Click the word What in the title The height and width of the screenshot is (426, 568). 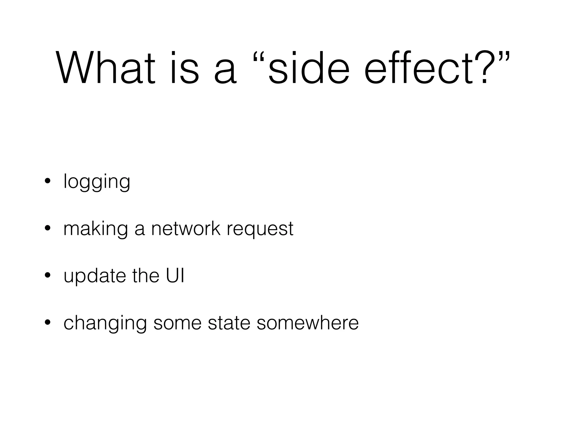[105, 68]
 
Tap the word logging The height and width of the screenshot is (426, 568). [97, 182]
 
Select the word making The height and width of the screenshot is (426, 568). [96, 229]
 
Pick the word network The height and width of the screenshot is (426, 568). [186, 229]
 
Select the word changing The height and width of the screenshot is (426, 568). [105, 323]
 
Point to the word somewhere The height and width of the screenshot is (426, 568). [308, 323]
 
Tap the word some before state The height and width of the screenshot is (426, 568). [177, 323]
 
